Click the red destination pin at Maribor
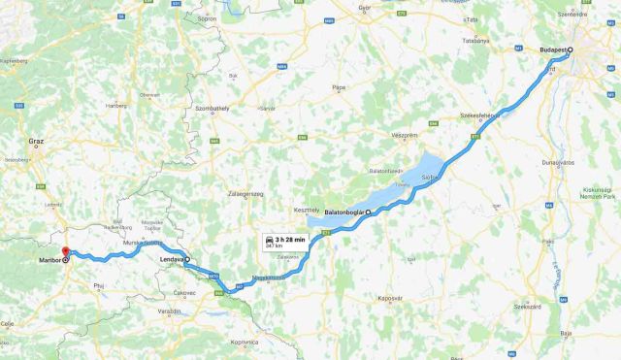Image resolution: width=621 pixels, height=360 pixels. click(66, 253)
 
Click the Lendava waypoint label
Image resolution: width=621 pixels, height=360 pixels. click(173, 260)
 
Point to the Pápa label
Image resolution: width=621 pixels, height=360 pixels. click(338, 88)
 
